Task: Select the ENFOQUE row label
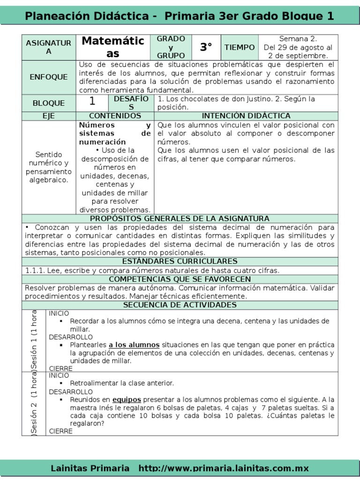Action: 49,77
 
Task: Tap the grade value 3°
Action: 206,47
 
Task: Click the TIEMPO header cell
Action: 240,47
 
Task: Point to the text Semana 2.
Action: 298,38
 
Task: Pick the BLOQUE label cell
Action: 49,103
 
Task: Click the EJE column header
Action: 49,116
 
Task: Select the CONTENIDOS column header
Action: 115,116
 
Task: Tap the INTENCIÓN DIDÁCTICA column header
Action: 246,116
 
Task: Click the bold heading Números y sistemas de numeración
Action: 115,134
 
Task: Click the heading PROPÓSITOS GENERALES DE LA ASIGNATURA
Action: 180,218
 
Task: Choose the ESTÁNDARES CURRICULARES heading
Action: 180,261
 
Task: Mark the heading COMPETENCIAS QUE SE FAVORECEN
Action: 180,279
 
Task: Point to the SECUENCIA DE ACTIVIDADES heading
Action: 180,305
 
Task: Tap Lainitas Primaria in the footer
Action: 90,468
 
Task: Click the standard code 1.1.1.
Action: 34,270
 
